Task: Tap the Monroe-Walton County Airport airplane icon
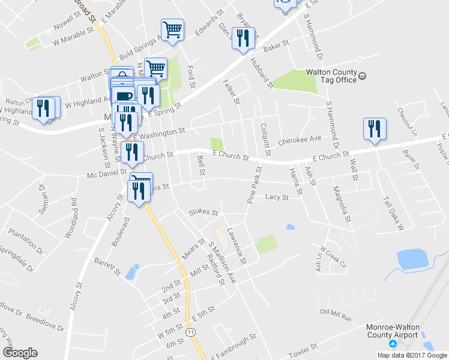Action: pos(393,344)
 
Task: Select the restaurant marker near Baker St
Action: pos(243,38)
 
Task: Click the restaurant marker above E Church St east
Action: pos(374,129)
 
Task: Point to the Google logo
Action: pos(20,353)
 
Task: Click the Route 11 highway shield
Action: pos(191,332)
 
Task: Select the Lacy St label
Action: pos(277,197)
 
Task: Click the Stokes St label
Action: pos(203,212)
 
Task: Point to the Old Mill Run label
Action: pos(335,312)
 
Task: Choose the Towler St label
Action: pos(303,350)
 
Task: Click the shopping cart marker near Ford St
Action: pos(172,29)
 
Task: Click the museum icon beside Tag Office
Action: pos(363,76)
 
